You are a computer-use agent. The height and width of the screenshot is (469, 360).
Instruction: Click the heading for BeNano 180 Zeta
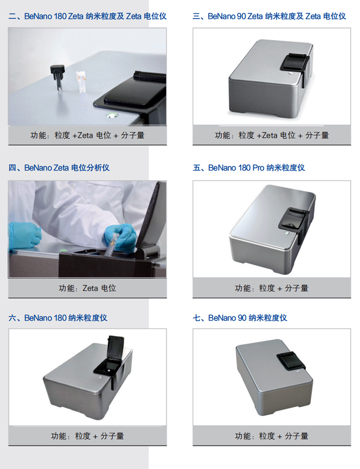tap(87, 16)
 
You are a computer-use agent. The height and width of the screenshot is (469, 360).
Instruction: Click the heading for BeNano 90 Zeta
tap(269, 16)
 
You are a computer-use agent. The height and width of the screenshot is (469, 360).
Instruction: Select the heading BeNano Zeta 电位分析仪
tap(59, 168)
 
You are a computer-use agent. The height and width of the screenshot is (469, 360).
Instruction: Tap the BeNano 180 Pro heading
tap(249, 168)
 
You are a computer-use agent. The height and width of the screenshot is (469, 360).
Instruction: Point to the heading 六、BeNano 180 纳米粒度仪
tap(58, 318)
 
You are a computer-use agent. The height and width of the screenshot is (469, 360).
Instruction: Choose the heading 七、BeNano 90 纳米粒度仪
tap(240, 318)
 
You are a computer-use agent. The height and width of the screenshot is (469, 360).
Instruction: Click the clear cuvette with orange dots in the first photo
tap(81, 82)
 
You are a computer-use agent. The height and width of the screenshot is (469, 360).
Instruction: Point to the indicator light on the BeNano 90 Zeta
tap(291, 73)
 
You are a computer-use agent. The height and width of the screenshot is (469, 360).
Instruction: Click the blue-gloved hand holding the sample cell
tap(121, 238)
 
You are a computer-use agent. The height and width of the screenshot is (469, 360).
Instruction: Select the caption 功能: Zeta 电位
tap(87, 288)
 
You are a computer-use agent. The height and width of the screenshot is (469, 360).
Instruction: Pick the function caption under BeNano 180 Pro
tap(271, 288)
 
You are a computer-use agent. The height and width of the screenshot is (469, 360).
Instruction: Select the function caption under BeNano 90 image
tap(271, 436)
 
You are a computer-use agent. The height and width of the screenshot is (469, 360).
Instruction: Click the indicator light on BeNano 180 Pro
tap(287, 233)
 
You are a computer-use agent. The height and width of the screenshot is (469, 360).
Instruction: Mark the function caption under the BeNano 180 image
tap(87, 436)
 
